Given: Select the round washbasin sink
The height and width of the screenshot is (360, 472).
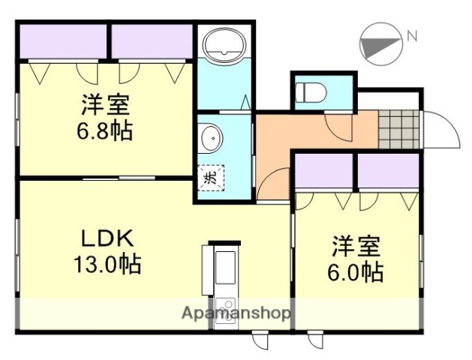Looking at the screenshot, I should coord(212,138).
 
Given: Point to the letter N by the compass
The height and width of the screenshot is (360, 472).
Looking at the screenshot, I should coord(411,34).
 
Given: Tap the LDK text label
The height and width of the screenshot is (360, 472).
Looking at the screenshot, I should coord(107,238).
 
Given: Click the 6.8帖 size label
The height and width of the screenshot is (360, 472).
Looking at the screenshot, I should coord(104,131).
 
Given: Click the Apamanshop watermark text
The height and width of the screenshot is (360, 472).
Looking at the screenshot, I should coord(236,313).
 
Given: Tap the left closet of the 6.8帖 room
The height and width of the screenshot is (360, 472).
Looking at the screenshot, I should coord(63,42).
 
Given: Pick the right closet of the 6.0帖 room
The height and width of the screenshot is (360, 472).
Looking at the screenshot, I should coord(387,174).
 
